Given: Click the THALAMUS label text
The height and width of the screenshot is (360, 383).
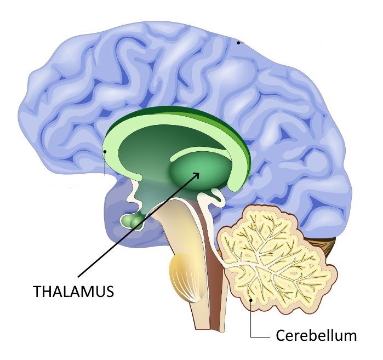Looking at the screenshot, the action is [x=73, y=291].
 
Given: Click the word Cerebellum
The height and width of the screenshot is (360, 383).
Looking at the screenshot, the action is [x=316, y=335].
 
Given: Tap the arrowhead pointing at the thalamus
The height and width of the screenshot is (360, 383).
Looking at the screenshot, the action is [x=196, y=176].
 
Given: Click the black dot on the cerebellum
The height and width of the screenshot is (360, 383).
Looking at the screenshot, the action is [x=250, y=300].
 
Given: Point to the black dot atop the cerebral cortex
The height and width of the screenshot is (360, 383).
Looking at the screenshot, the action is [x=238, y=43].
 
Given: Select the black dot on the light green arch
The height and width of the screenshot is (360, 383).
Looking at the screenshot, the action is [x=105, y=151].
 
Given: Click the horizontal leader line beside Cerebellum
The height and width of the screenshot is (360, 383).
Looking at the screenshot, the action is [x=260, y=337].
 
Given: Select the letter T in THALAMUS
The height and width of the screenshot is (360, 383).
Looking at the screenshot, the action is [x=37, y=291].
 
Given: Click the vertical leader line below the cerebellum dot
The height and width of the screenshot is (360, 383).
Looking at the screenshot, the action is [x=251, y=319].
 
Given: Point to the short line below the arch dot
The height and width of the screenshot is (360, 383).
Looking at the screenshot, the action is [x=105, y=164].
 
